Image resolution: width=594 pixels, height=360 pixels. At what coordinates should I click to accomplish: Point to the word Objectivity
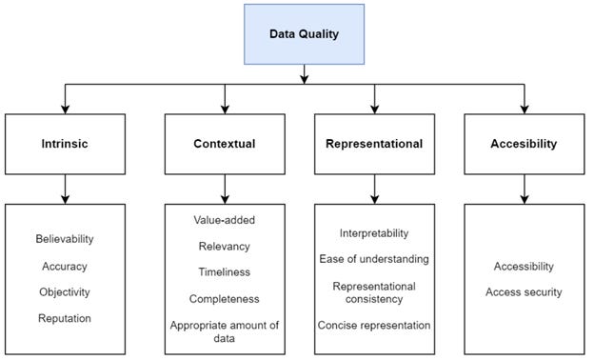pyautogui.click(x=66, y=291)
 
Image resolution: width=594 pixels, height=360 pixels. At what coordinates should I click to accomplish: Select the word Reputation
pyautogui.click(x=66, y=317)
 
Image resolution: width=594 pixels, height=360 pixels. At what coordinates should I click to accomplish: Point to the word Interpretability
pyautogui.click(x=375, y=233)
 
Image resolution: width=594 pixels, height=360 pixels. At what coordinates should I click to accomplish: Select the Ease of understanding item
pyautogui.click(x=375, y=259)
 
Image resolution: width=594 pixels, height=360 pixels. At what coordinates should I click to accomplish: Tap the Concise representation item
pyautogui.click(x=375, y=325)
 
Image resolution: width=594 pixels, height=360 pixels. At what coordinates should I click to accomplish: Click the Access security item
pyautogui.click(x=523, y=291)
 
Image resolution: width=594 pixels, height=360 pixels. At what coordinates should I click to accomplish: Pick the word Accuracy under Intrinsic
pyautogui.click(x=66, y=267)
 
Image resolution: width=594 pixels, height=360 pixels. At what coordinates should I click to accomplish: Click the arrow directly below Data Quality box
pyautogui.click(x=303, y=72)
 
